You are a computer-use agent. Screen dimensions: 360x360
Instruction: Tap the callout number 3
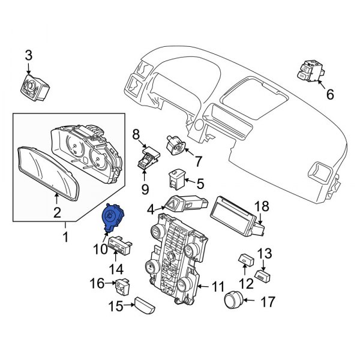click(x=28, y=56)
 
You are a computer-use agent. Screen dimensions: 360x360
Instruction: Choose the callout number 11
click(x=220, y=287)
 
